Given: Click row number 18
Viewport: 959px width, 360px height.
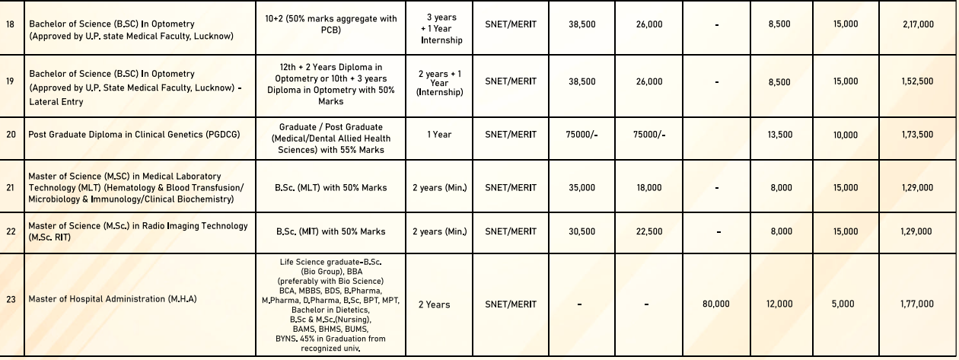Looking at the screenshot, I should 10,24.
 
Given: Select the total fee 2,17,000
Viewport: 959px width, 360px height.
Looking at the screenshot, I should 917,24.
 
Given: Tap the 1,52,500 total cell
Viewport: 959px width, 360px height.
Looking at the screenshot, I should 917,82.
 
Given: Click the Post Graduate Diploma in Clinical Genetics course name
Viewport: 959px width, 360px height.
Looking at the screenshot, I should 134,135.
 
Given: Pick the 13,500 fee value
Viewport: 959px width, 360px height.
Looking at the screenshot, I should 780,135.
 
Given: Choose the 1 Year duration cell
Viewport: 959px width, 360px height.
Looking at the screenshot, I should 439,135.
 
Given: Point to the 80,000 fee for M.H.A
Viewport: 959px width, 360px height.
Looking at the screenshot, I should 715,304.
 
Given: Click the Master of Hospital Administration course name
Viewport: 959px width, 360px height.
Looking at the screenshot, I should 113,300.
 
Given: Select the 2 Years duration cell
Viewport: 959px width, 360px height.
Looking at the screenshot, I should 434,304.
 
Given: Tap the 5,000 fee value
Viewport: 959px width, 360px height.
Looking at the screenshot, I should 843,304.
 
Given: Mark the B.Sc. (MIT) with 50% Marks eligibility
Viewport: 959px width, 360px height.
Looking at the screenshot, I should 330,231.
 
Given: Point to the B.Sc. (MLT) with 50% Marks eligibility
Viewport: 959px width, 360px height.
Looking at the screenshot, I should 330,188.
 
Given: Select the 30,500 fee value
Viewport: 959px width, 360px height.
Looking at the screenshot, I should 582,231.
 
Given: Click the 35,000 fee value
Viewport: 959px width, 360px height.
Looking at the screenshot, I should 582,188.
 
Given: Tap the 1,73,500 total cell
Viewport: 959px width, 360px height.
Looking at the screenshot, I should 917,135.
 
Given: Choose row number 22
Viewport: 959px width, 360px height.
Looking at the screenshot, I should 11,231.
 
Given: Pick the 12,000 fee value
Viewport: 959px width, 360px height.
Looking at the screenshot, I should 779,304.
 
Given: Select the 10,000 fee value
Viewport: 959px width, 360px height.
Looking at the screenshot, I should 846,135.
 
